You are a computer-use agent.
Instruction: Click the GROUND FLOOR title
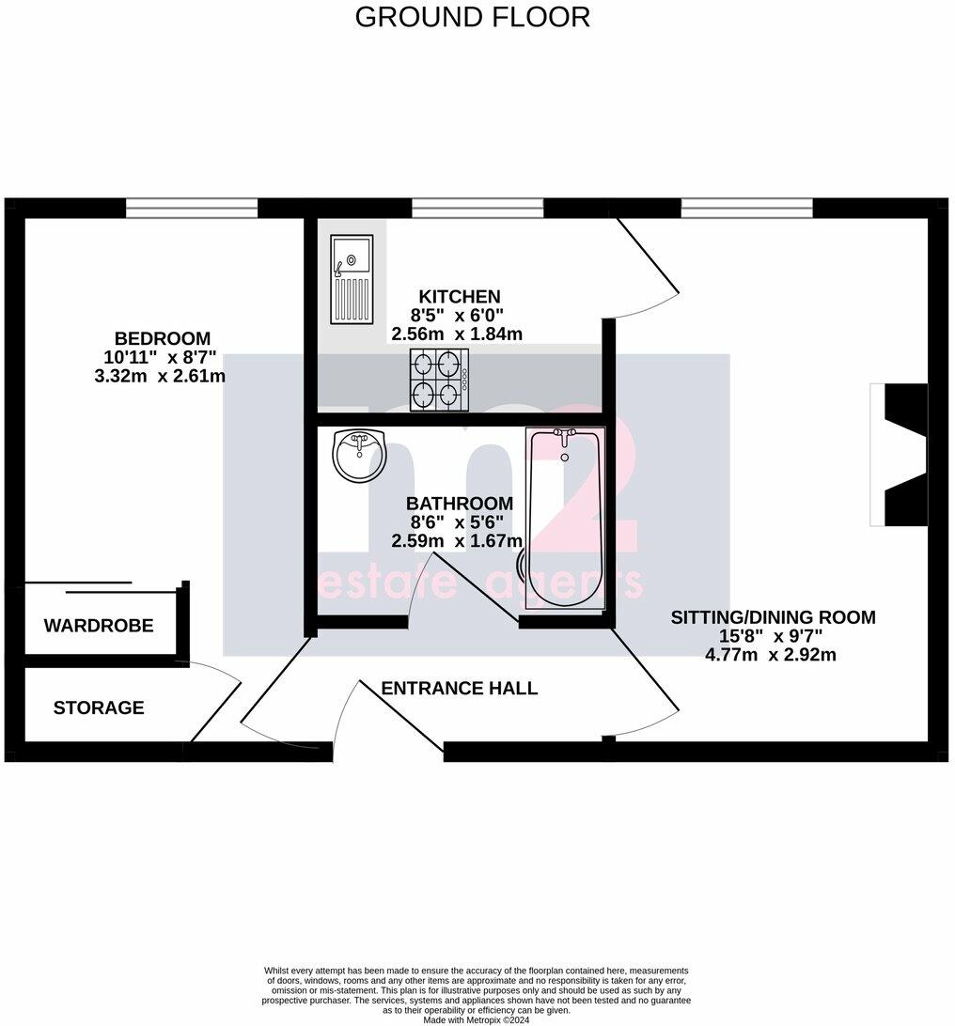click(x=472, y=17)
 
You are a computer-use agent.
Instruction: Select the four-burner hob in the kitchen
click(x=438, y=379)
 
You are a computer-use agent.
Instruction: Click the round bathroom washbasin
click(x=359, y=454)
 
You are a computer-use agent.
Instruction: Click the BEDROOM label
click(x=163, y=338)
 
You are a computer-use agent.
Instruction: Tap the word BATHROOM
click(x=460, y=504)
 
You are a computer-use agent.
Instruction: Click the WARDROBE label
click(x=99, y=626)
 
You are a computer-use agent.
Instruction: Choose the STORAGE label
click(x=99, y=707)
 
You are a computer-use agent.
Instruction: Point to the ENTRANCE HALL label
click(x=459, y=689)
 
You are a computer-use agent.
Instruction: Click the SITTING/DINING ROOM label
click(x=773, y=617)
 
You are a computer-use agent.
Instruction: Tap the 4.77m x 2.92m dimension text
click(x=770, y=655)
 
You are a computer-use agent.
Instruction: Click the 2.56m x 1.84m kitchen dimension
click(x=457, y=334)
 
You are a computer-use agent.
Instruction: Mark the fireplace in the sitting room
click(x=900, y=455)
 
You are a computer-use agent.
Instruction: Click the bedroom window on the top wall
click(x=192, y=208)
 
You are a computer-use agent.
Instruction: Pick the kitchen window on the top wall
click(x=477, y=208)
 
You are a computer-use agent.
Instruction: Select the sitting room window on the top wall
click(x=747, y=208)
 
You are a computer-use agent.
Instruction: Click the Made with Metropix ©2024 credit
click(x=477, y=1019)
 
